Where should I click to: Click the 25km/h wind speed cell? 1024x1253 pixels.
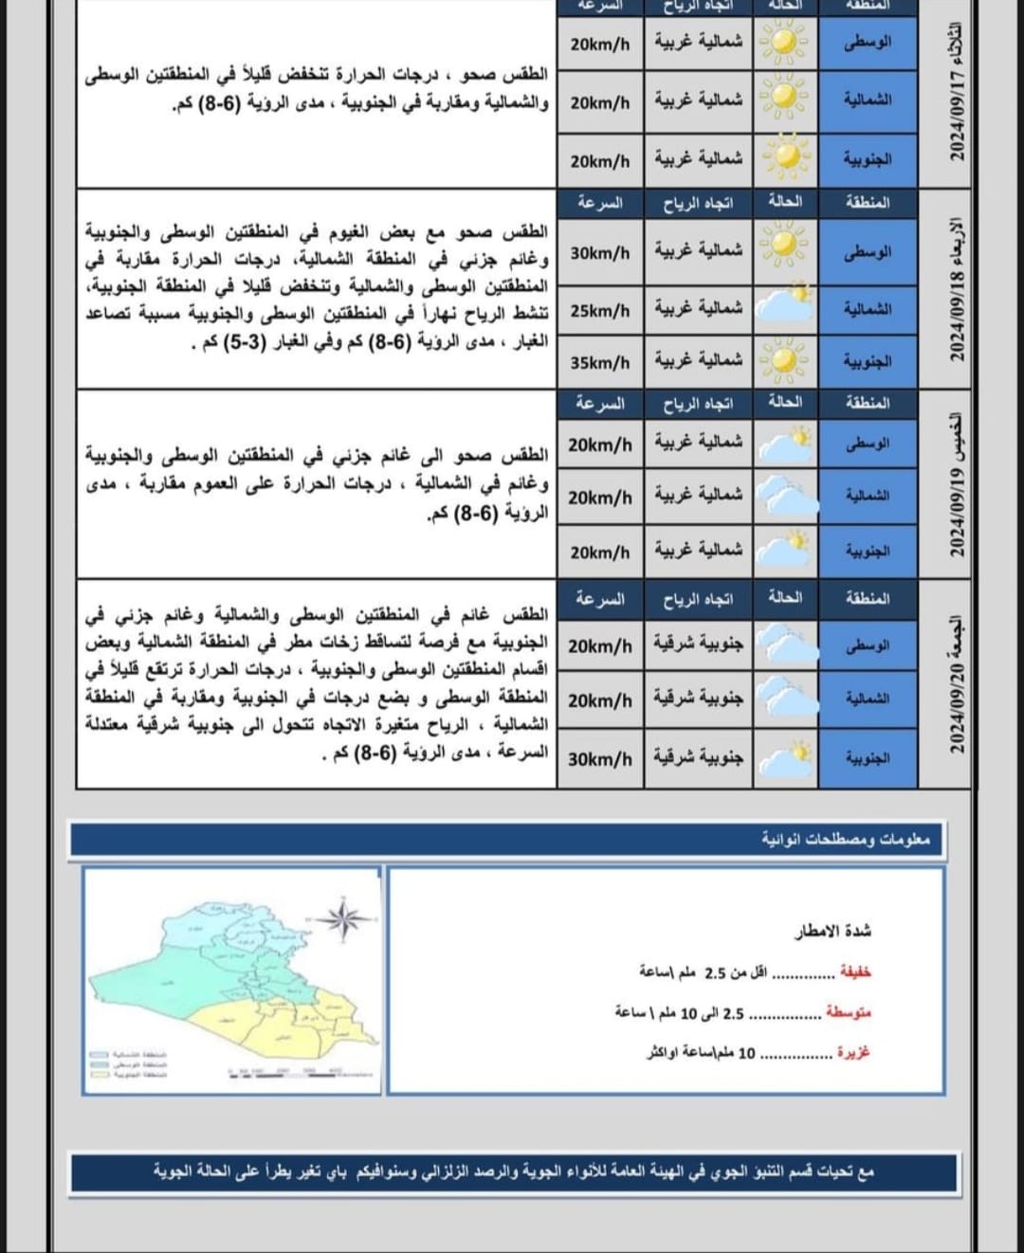(x=600, y=311)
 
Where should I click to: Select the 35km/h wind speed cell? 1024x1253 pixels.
(x=600, y=363)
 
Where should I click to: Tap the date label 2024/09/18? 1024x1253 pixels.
(x=957, y=289)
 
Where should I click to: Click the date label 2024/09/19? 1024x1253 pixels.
(x=957, y=485)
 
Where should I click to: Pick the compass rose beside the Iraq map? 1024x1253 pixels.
(x=342, y=917)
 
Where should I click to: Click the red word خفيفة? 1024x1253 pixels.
(x=855, y=972)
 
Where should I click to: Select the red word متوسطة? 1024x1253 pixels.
(x=848, y=1012)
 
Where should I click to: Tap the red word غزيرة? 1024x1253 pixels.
(x=853, y=1052)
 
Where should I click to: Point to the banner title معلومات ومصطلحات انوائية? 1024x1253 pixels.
(x=846, y=840)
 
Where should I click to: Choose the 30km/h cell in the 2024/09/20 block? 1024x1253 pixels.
(x=600, y=759)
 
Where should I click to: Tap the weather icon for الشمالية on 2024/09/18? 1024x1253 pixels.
(x=788, y=305)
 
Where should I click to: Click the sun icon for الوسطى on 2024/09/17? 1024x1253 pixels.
(x=788, y=43)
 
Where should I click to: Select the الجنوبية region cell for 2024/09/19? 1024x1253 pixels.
(x=868, y=551)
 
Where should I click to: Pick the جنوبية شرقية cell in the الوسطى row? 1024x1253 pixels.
(x=699, y=645)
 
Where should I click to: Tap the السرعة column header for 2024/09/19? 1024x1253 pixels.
(x=600, y=404)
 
